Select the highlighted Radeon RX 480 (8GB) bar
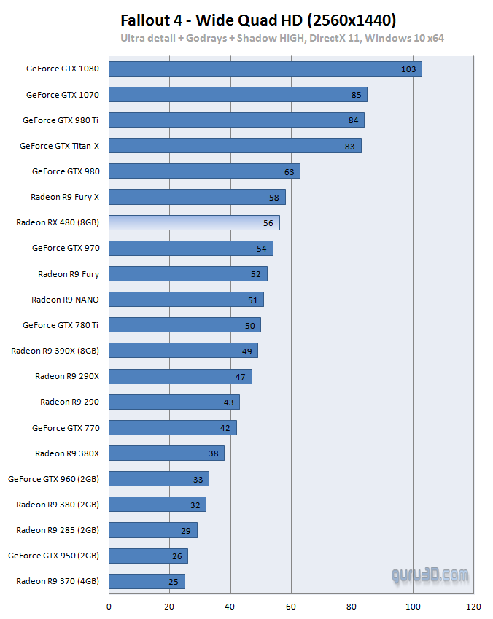coord(194,222)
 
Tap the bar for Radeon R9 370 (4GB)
coord(147,581)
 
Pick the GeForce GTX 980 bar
coord(204,171)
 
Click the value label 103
coord(408,69)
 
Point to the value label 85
coord(356,95)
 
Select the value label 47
coord(241,376)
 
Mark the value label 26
coord(176,556)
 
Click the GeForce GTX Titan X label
coord(59,146)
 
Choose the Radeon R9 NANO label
coord(65,300)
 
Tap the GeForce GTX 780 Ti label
coord(61,325)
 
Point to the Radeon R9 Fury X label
coord(64,197)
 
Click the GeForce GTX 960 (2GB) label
coord(53,479)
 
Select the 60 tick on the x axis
coord(291,607)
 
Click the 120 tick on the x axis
coord(473,607)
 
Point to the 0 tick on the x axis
coord(109,607)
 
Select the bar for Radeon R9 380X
coord(167,453)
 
